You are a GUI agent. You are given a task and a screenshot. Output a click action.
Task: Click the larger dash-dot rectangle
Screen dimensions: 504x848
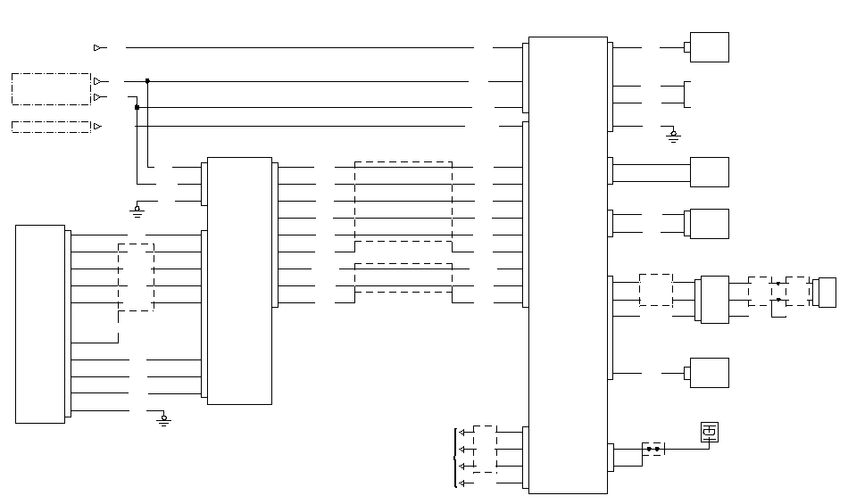51,89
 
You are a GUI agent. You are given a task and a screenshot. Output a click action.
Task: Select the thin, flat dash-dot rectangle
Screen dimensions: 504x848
51,126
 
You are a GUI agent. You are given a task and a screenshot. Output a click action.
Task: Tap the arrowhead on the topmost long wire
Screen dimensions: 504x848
97,47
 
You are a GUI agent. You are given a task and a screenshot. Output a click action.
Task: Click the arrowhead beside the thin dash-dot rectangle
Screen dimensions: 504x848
97,126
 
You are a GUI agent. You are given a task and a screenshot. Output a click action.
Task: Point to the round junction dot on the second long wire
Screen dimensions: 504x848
147,80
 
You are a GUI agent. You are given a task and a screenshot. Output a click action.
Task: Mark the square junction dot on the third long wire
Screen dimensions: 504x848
137,107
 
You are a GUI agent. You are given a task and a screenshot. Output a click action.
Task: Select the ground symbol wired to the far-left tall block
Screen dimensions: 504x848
163,418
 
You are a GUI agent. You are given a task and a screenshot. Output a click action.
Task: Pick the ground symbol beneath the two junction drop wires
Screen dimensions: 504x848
137,210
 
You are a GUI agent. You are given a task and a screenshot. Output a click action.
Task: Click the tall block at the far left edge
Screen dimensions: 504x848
40,324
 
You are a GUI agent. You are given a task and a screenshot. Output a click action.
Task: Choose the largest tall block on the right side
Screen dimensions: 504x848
568,264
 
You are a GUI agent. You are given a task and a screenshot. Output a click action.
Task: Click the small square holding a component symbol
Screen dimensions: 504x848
710,432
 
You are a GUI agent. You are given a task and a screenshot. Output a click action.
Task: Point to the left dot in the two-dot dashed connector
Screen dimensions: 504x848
649,448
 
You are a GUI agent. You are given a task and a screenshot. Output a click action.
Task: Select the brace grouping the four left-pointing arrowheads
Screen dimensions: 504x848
456,458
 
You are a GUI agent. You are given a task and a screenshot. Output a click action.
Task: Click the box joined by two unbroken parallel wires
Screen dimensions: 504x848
710,171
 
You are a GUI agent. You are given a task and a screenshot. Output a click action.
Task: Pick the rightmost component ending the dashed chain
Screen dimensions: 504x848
827,292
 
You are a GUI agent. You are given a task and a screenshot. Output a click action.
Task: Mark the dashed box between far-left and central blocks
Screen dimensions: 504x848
136,277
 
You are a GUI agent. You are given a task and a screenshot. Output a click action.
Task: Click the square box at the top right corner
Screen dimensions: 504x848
710,47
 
